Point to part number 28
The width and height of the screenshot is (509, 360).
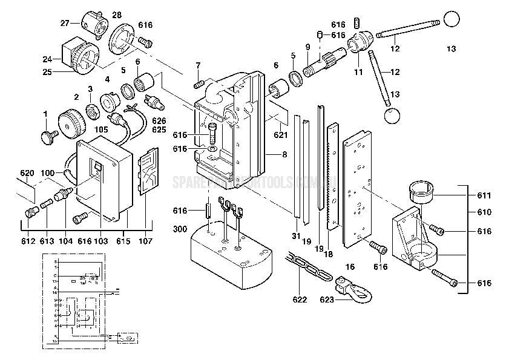point(116,15)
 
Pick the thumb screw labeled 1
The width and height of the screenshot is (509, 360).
point(48,137)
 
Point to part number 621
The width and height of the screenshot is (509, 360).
point(280,134)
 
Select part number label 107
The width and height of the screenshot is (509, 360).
point(145,241)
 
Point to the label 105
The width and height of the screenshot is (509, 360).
point(102,129)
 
